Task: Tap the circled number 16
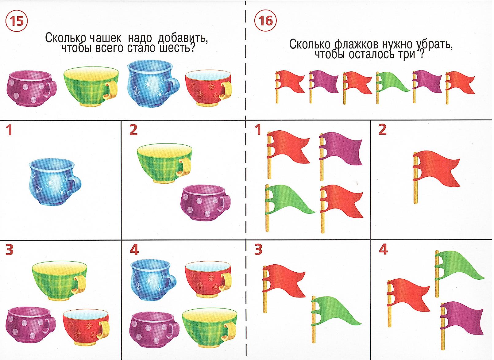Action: point(265,21)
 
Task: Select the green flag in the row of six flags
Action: point(392,87)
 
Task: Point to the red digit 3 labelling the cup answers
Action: point(9,250)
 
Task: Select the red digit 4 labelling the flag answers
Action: point(383,250)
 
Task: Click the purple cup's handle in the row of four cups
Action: point(51,89)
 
